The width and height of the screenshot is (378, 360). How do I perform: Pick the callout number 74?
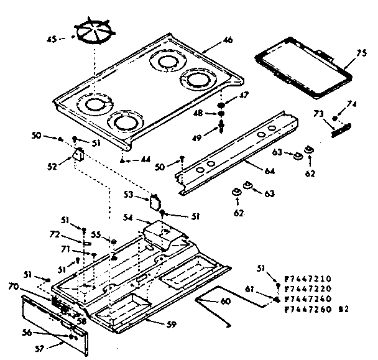pos(351,106)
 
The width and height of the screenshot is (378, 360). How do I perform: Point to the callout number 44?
pos(144,160)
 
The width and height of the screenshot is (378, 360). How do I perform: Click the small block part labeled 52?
pos(78,155)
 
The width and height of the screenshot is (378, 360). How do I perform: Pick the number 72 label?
pos(55,233)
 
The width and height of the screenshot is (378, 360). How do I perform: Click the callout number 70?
pos(30,287)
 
